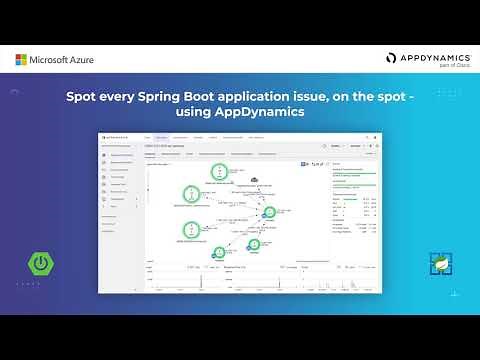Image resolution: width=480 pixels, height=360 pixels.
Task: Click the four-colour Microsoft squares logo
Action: tap(21, 60)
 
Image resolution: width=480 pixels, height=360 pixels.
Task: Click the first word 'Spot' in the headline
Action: tap(83, 99)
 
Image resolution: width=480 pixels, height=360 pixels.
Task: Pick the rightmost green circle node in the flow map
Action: tap(268, 212)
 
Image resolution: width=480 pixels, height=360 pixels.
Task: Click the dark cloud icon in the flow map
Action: tap(254, 179)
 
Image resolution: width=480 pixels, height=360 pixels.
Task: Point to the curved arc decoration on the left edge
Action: tap(15, 92)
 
